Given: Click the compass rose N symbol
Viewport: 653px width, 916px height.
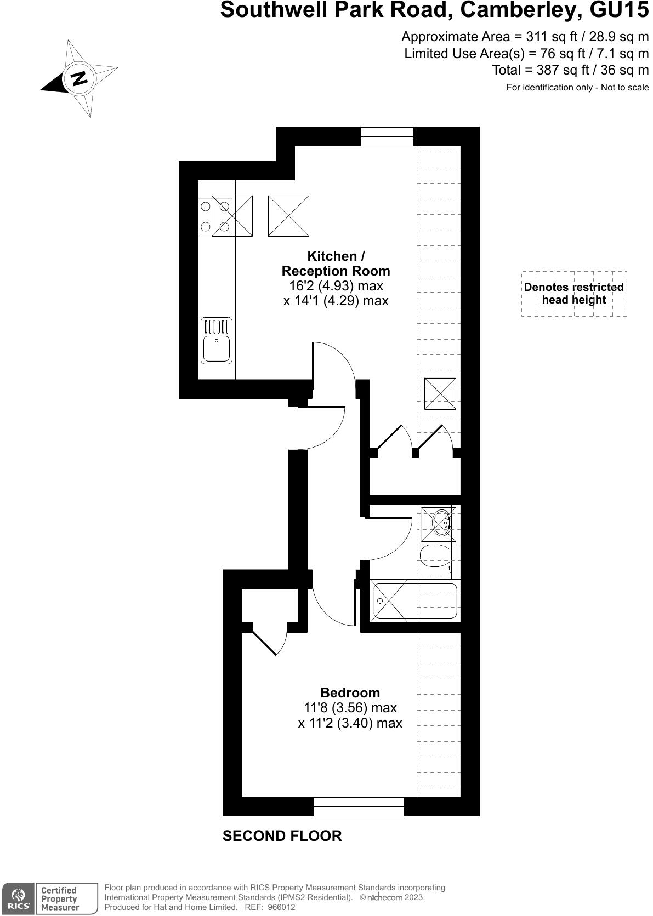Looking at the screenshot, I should point(80,78).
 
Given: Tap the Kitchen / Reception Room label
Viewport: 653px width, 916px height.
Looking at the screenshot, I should point(336,264).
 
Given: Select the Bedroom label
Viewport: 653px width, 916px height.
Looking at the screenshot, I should point(350,692).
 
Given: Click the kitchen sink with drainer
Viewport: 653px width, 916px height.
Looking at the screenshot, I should point(217,340).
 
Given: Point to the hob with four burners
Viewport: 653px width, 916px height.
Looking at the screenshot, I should point(215,216).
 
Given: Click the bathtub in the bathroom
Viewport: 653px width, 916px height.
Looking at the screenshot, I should point(415,601).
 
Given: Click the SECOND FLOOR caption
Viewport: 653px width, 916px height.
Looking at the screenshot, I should point(282,836).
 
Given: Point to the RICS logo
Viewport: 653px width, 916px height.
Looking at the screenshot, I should point(18,899).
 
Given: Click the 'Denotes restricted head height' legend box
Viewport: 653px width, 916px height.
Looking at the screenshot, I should point(573,294).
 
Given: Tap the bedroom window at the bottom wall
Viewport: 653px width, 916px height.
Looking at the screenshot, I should point(359,806).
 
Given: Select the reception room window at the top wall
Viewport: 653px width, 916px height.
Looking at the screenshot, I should point(387,136).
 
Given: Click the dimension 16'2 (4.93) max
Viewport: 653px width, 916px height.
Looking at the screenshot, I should point(336,286).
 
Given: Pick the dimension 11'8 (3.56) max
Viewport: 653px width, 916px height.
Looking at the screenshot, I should point(350,708).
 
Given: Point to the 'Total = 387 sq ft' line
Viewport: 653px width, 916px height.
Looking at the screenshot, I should point(570,70).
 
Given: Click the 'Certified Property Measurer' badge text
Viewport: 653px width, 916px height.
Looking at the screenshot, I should point(60,899).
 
